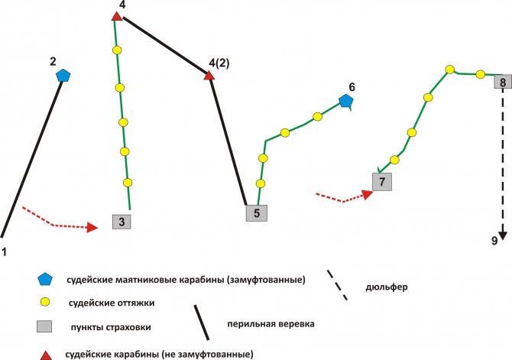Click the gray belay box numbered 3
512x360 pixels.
[x=122, y=222]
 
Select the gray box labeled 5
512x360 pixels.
[x=256, y=213]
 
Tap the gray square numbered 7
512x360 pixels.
[x=382, y=182]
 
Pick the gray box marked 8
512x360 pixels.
[x=503, y=82]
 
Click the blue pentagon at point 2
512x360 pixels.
[x=63, y=76]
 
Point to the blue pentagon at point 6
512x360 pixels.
[x=345, y=101]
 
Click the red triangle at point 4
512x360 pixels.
[x=117, y=16]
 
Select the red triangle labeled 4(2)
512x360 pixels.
[x=209, y=76]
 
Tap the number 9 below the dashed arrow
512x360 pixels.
[x=494, y=241]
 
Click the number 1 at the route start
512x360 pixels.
[x=5, y=252]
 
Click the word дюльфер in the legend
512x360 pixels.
[x=386, y=287]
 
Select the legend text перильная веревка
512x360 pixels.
[x=271, y=324]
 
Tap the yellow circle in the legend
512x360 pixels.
[x=45, y=302]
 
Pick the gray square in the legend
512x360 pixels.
[x=44, y=326]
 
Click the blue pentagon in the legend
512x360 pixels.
[x=45, y=280]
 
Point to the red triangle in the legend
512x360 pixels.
[x=45, y=355]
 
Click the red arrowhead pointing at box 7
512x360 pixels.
[x=368, y=194]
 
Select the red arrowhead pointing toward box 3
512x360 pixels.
[x=92, y=227]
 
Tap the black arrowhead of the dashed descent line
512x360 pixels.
[x=503, y=236]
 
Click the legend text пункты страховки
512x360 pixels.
[x=111, y=327]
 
